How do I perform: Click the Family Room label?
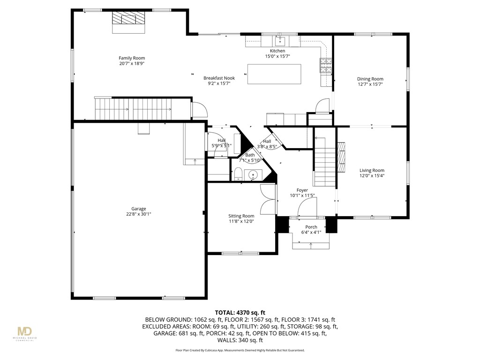coord(131,58)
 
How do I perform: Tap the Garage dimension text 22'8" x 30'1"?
coord(138,214)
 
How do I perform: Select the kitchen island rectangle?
coord(274,74)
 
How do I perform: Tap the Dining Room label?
coord(370,79)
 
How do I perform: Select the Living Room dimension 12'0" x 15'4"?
coord(372,176)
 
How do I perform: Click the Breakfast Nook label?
coord(218,78)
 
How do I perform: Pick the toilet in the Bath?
coord(238,174)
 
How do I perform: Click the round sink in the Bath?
coord(254,175)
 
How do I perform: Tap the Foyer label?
coord(302,190)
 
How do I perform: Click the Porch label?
coord(311,227)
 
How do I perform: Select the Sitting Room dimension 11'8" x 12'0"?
coord(241,221)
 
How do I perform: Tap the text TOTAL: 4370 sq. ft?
coord(240,312)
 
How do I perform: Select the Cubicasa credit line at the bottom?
coord(240,350)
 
